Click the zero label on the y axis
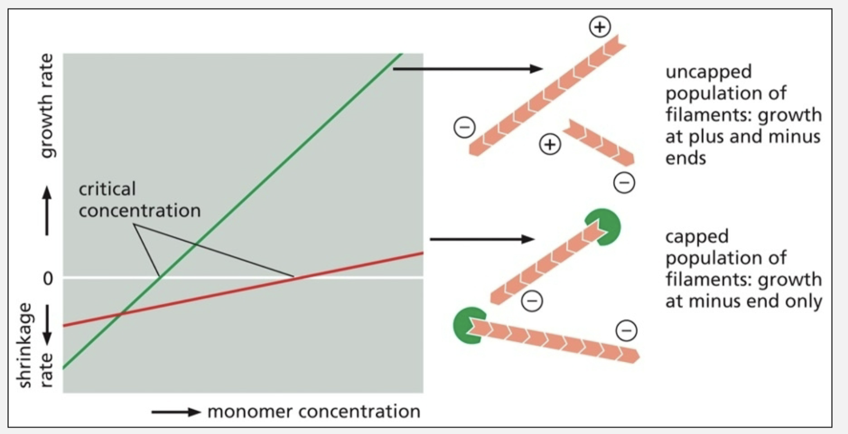48,278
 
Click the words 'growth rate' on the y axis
47,106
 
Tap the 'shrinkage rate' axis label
36,345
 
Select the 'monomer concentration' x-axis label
314,412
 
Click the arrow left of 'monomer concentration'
176,412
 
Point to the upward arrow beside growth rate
47,211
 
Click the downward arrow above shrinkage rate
47,325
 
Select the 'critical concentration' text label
140,200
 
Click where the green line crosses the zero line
161,277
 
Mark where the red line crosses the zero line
294,277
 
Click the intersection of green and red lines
121,313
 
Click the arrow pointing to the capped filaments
482,239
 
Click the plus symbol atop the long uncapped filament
600,26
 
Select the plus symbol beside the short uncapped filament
550,144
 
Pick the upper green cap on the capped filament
605,226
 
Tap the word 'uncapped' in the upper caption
708,72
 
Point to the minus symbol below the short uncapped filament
624,183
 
